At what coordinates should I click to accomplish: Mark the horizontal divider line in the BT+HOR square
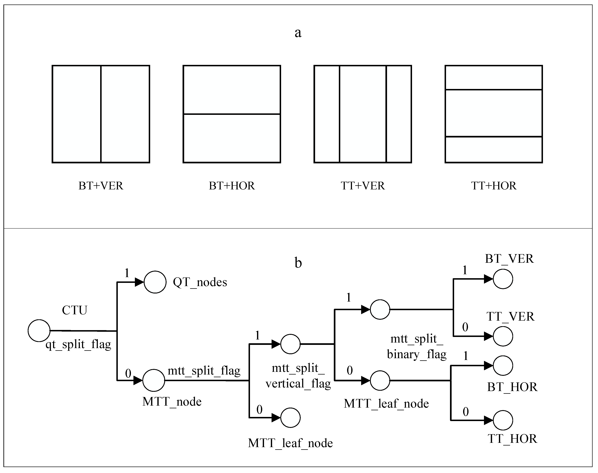(x=232, y=114)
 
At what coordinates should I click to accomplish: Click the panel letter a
(x=298, y=33)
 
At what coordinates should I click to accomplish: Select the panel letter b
(x=298, y=263)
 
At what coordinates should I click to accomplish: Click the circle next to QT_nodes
(x=155, y=282)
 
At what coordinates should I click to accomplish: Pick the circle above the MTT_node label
(x=154, y=380)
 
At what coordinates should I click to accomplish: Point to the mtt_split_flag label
(x=204, y=371)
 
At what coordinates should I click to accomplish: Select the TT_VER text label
(x=510, y=316)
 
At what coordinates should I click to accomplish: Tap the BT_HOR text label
(x=512, y=387)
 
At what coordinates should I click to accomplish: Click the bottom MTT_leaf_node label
(x=290, y=443)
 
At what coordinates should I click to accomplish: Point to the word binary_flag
(x=417, y=354)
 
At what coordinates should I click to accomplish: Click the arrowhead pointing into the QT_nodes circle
(x=139, y=282)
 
